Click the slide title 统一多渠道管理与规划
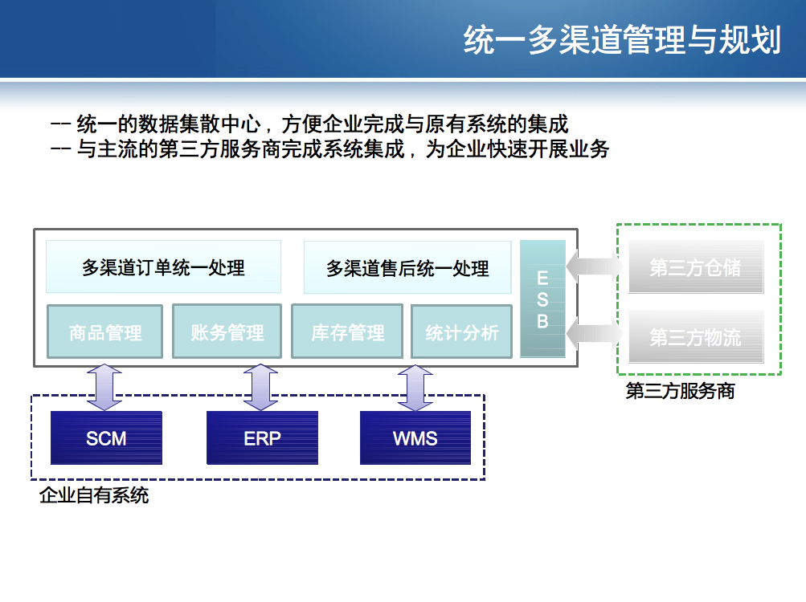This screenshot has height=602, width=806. click(x=622, y=40)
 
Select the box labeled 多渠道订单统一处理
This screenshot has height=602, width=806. click(x=163, y=267)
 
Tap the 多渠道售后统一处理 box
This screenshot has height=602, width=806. click(x=407, y=267)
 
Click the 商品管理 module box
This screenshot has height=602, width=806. click(x=105, y=332)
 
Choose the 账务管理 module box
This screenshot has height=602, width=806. click(x=227, y=332)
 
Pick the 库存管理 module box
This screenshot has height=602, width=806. click(x=348, y=332)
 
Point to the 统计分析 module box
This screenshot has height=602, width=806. click(x=461, y=332)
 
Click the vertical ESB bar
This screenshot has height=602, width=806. click(x=542, y=299)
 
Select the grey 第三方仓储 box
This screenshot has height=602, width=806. click(x=695, y=267)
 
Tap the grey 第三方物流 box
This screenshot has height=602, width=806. click(x=695, y=337)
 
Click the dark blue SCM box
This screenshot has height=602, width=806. click(x=106, y=438)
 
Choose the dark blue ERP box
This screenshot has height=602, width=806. click(x=262, y=438)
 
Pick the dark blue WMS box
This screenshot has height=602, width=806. click(x=415, y=438)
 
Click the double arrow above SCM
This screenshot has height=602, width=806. click(x=104, y=388)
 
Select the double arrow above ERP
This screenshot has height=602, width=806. click(x=260, y=388)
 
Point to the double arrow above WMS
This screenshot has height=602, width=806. click(x=415, y=388)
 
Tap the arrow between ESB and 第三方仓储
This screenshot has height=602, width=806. click(x=595, y=266)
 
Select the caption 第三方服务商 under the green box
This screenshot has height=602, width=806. click(x=680, y=393)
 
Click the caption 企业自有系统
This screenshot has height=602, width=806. click(x=94, y=495)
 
